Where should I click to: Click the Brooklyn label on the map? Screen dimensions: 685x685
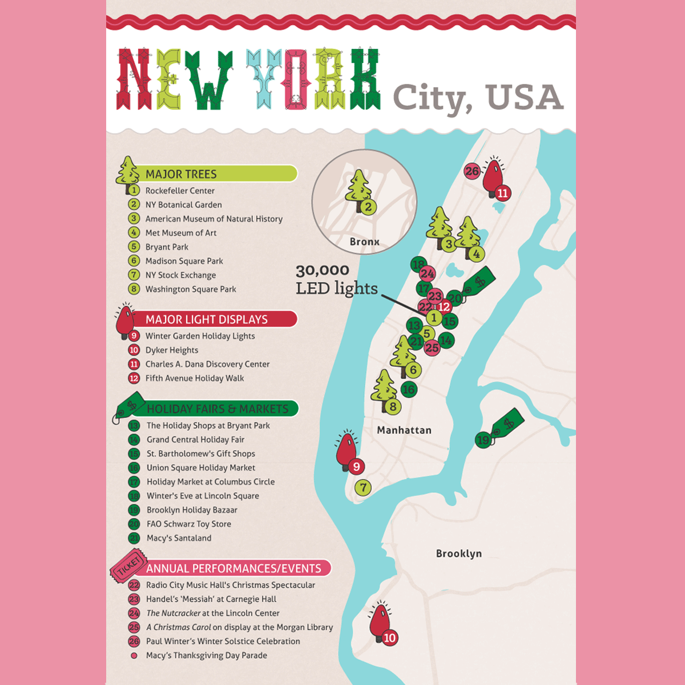point(458,554)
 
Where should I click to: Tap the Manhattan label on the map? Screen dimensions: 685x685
point(404,430)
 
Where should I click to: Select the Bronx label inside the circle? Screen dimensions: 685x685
point(365,242)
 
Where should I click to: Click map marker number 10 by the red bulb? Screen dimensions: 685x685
point(389,638)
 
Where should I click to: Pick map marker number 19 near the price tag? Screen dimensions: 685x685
point(483,440)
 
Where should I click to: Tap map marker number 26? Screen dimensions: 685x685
point(472,171)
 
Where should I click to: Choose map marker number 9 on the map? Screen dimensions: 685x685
point(356,466)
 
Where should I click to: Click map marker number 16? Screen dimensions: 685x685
point(409,389)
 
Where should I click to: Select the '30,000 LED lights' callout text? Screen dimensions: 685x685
point(336,279)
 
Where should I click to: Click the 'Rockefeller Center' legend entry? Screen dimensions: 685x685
point(180,191)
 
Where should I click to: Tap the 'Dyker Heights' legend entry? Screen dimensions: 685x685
point(172,350)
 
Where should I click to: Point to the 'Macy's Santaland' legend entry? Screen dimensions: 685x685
point(179,538)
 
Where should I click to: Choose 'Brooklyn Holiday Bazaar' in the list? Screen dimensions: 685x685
point(192,510)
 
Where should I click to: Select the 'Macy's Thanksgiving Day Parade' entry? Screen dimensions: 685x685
point(206,655)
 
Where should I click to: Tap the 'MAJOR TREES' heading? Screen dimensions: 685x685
point(181,174)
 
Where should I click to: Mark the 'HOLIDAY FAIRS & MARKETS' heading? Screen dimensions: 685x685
point(217,409)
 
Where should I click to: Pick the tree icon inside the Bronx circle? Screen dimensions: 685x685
point(358,188)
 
